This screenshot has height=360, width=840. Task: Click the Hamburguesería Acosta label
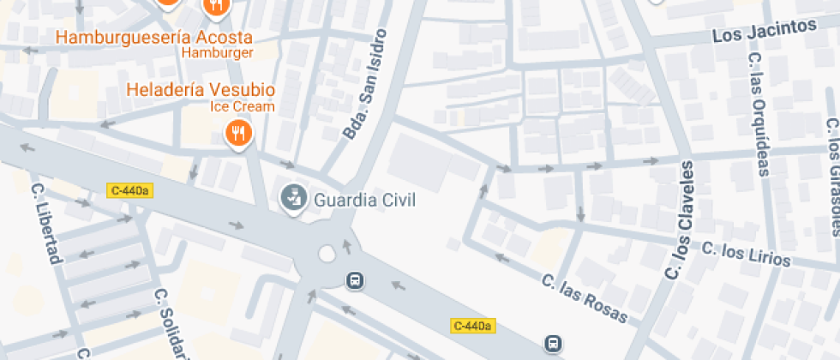(153, 38)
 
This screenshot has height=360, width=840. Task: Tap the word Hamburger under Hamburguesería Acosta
(218, 53)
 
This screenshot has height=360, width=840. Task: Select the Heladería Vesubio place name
(201, 90)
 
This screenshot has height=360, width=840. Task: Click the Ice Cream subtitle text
(243, 106)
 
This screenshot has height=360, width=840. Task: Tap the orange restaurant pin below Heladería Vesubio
(237, 134)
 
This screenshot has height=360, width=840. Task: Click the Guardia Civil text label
(364, 201)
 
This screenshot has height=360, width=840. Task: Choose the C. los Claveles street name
(679, 219)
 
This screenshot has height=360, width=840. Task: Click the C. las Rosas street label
(585, 298)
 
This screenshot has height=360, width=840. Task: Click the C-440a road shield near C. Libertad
(129, 190)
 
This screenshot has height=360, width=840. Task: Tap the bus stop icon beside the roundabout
(354, 279)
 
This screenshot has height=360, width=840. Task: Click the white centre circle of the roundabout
(326, 254)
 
